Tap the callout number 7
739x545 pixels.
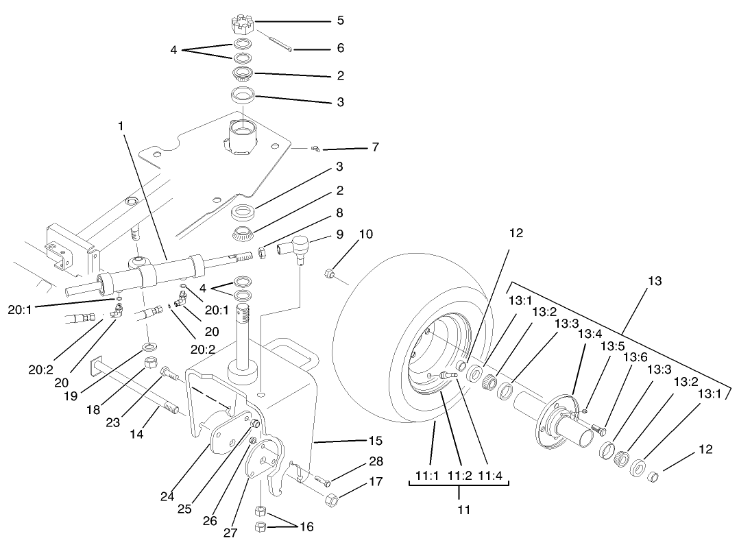click(375, 147)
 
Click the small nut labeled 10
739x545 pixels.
click(329, 275)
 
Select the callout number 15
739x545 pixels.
click(375, 440)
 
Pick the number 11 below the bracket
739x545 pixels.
click(459, 509)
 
